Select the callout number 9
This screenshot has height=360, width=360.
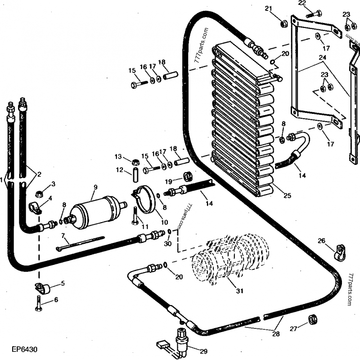[x=95, y=187]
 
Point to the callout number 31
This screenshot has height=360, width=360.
[x=239, y=291]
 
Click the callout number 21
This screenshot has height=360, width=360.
[x=281, y=9]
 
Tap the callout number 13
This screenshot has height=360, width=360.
[x=118, y=156]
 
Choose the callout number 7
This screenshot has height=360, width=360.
[x=63, y=236]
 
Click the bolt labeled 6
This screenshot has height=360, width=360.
[x=38, y=307]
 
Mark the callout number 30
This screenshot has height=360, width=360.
[x=168, y=244]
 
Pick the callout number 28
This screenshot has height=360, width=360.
[x=275, y=334]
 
